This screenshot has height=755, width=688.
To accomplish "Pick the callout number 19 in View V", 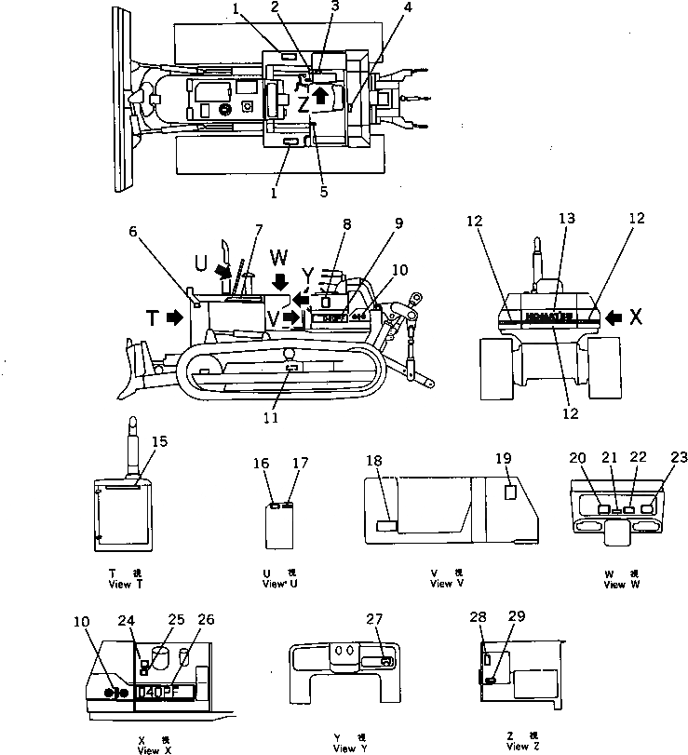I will tap(503, 458).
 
